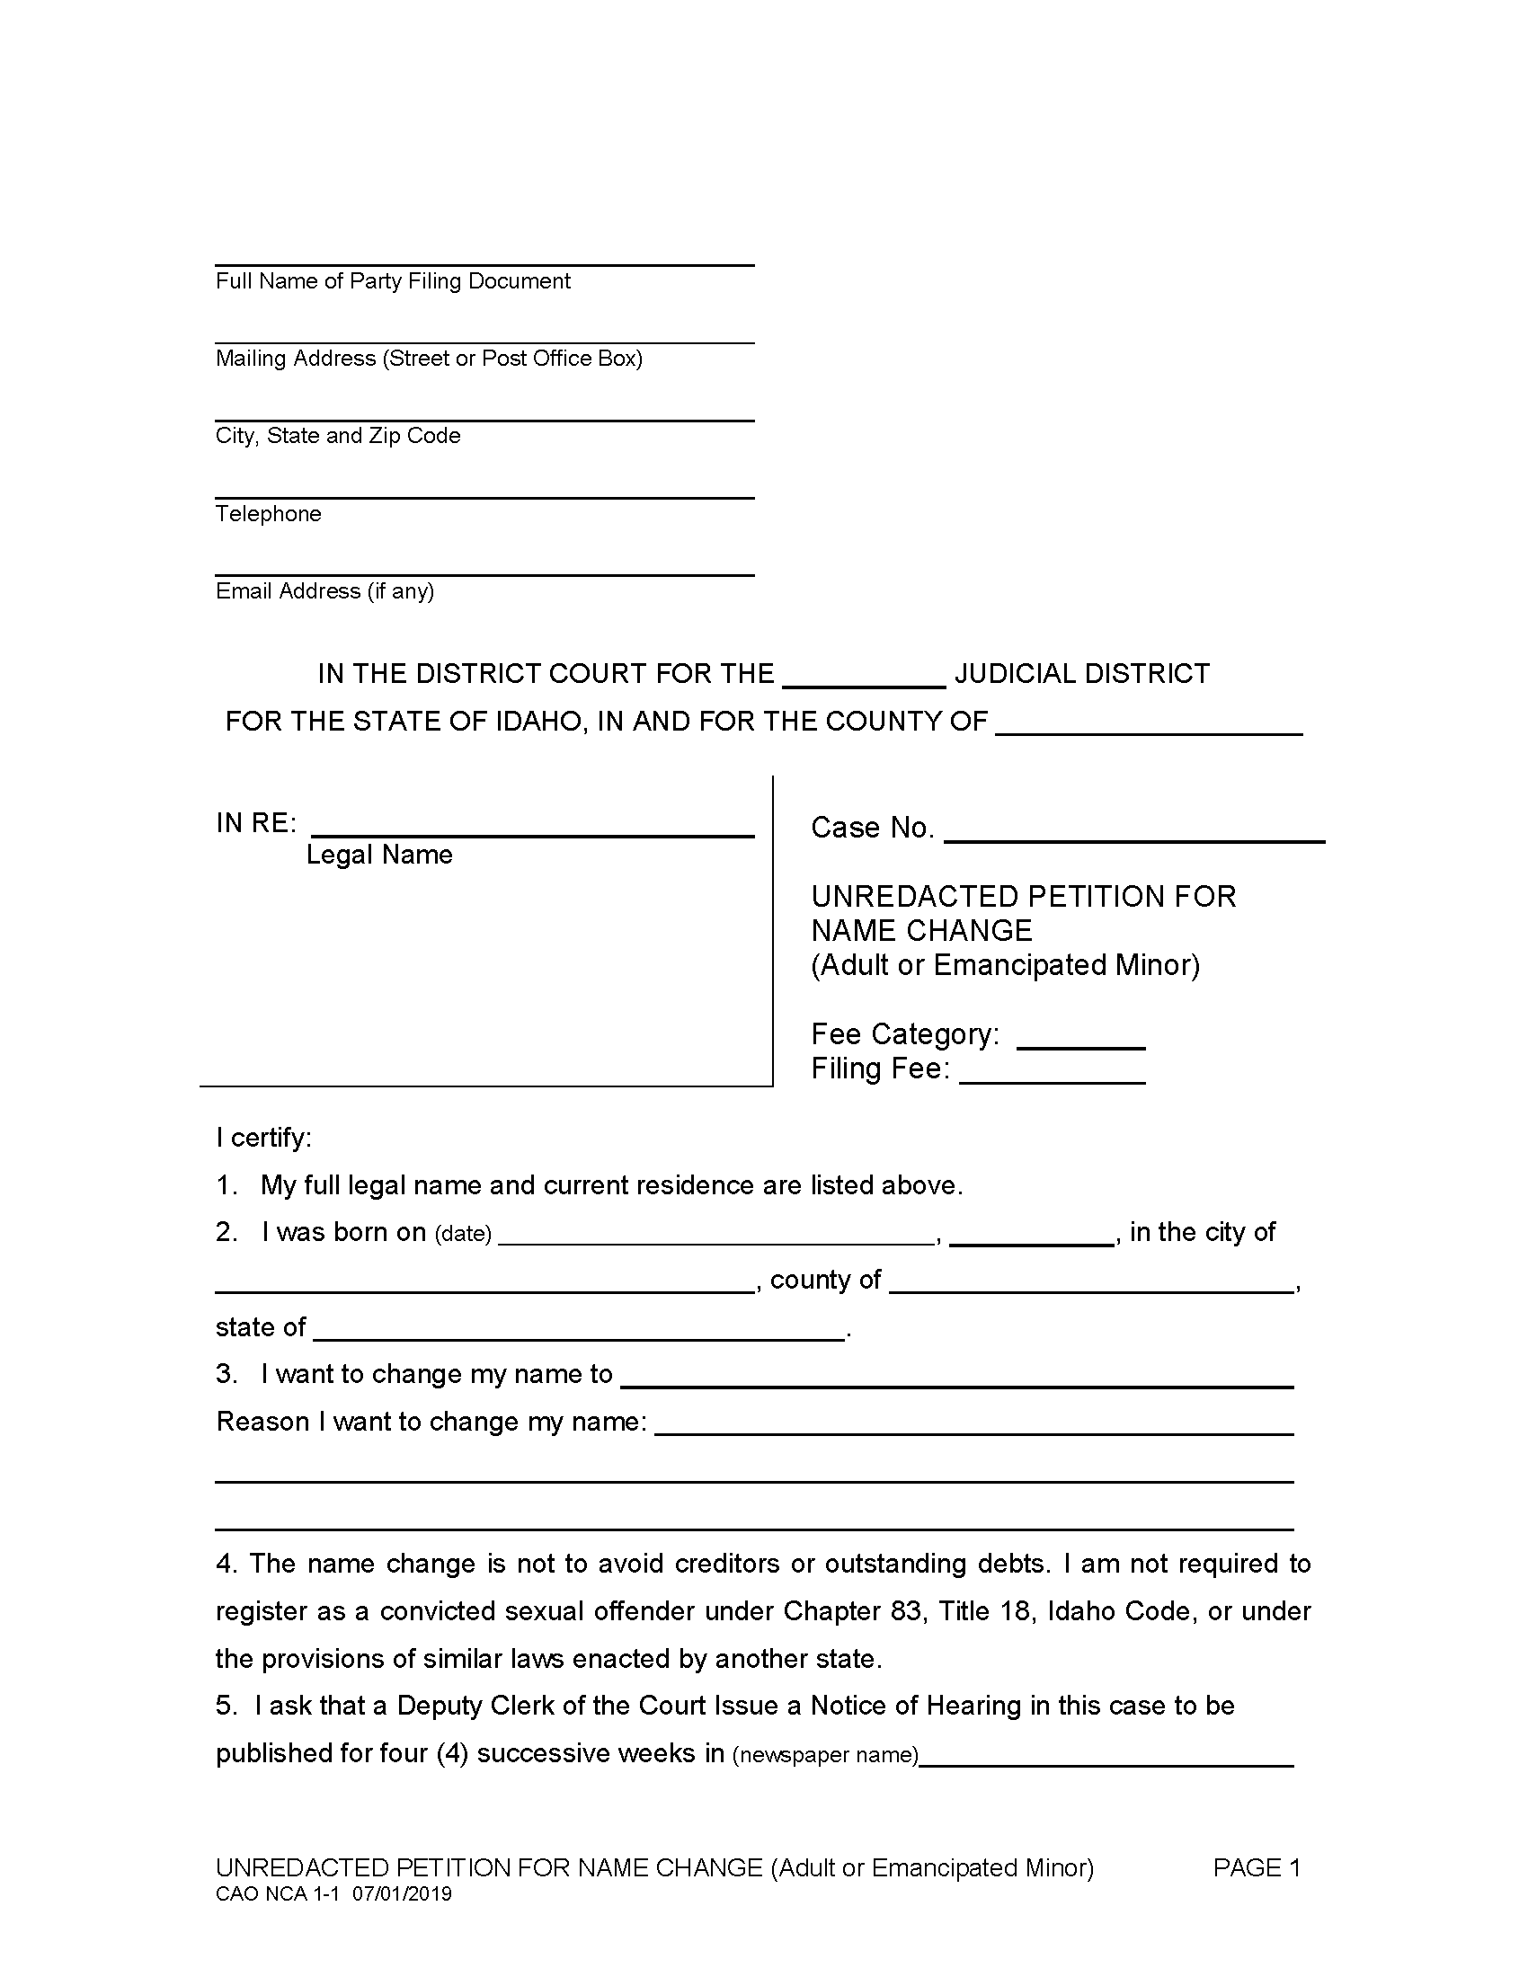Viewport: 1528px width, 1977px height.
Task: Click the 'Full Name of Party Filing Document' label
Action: click(393, 281)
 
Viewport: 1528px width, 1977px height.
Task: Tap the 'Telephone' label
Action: click(268, 514)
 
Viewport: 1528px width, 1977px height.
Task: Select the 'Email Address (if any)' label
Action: click(324, 591)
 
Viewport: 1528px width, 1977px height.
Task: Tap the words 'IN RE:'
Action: click(256, 823)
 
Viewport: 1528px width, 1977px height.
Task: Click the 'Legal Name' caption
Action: click(378, 855)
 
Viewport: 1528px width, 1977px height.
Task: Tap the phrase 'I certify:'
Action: click(263, 1138)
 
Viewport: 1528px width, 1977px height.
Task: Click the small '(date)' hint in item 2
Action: click(463, 1234)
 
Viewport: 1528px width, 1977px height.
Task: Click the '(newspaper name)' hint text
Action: click(824, 1755)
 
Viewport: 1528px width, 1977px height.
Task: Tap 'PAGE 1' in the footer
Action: click(1257, 1868)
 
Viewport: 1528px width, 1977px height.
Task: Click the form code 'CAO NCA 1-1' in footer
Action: click(276, 1894)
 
